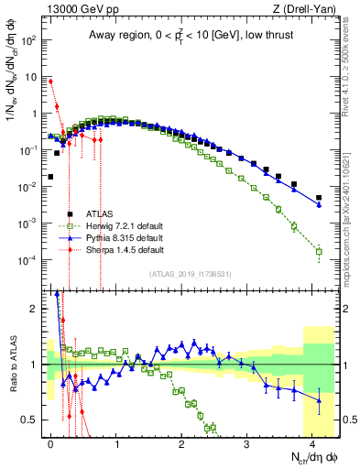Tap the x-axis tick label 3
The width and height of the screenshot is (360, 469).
pos(246,442)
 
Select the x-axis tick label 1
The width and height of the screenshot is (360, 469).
pos(115,442)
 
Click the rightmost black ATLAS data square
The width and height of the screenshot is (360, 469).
pos(319,197)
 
